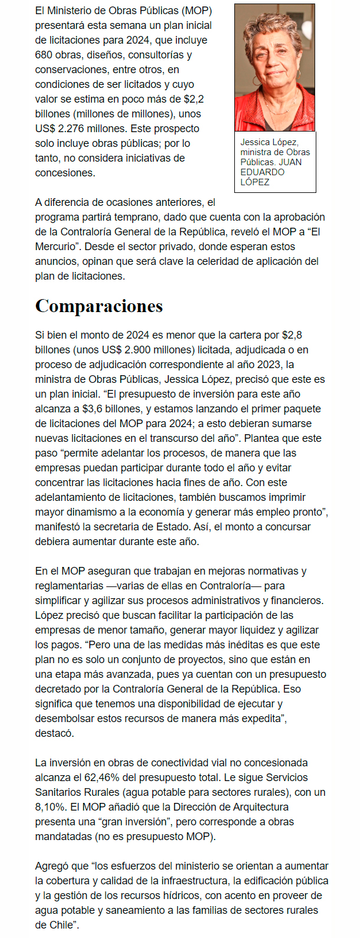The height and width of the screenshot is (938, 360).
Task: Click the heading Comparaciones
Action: point(99,306)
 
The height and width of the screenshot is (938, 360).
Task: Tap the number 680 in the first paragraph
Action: point(44,55)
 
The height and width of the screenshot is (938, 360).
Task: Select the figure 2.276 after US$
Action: point(72,129)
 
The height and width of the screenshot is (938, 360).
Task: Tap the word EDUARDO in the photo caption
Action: point(262,172)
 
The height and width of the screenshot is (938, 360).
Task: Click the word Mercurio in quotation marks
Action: point(56,247)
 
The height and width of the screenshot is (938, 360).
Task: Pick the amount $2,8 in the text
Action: point(292,335)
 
